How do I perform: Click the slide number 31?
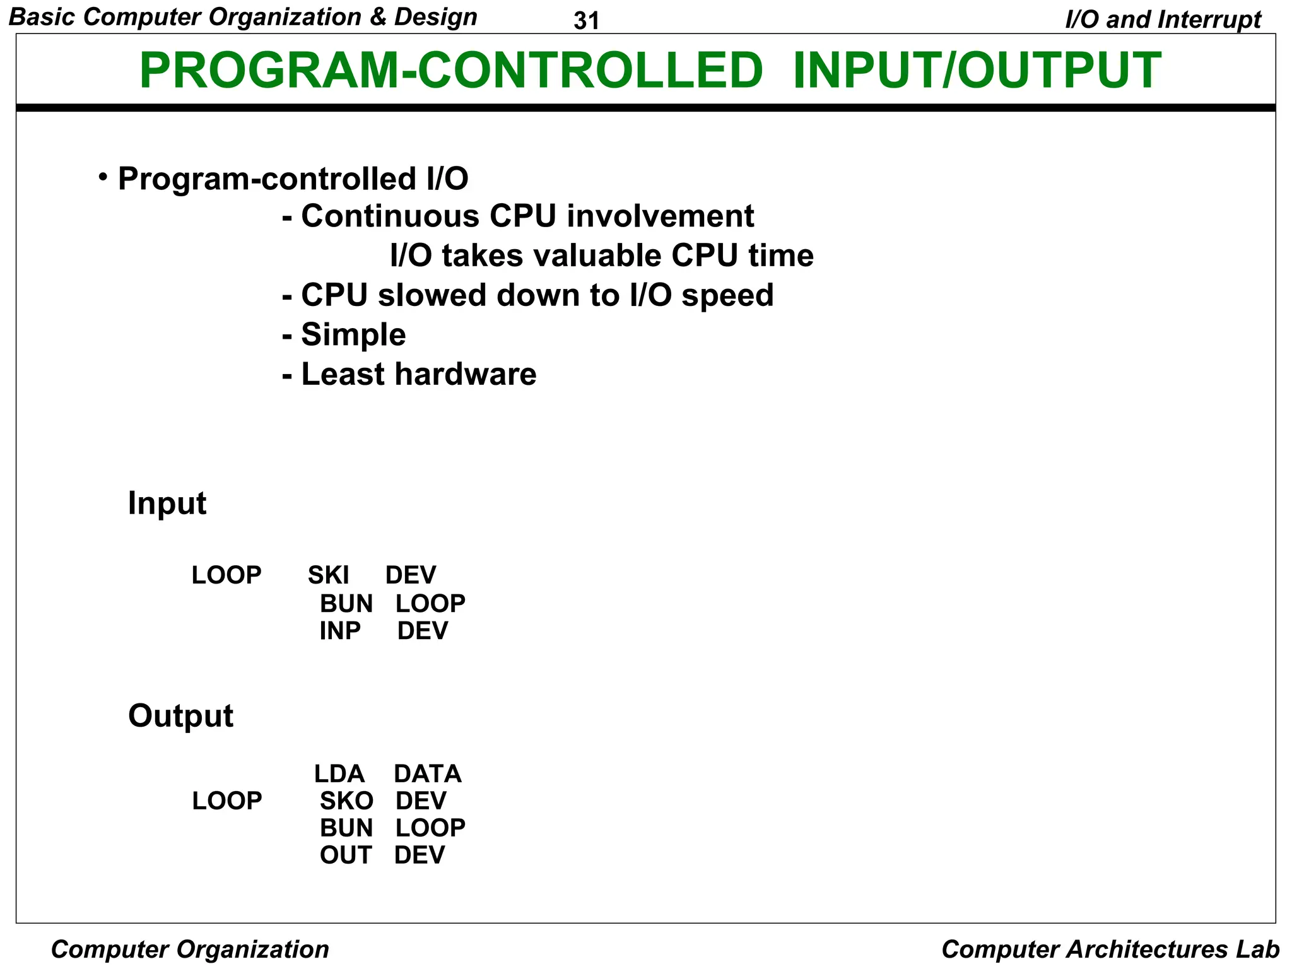click(586, 21)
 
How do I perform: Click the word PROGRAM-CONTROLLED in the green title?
click(450, 71)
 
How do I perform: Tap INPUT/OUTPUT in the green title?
click(977, 71)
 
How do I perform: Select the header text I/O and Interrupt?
click(1163, 20)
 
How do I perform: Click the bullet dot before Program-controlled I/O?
click(103, 177)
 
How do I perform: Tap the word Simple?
click(353, 335)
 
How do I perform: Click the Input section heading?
click(167, 503)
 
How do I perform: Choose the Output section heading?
click(180, 716)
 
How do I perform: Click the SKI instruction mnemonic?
click(328, 575)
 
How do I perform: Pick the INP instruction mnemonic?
click(340, 631)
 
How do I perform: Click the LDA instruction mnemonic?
click(339, 774)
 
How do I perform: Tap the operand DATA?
click(428, 774)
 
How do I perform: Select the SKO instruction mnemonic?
click(346, 801)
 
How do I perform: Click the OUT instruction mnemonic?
click(346, 855)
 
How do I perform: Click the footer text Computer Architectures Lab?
click(1110, 949)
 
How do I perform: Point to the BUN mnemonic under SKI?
click(346, 604)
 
